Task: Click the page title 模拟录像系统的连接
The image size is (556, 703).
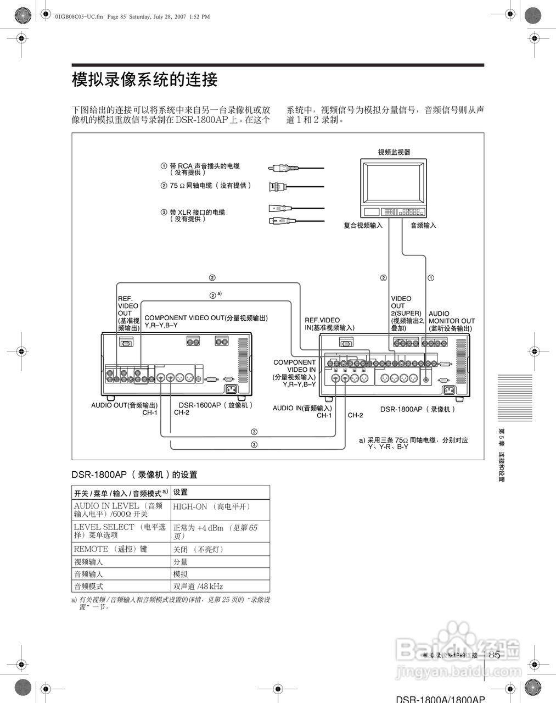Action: coord(145,80)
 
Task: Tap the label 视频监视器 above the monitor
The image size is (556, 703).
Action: coord(394,152)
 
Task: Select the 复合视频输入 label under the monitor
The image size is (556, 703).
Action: coord(363,225)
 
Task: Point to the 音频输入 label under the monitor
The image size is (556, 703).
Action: coord(423,225)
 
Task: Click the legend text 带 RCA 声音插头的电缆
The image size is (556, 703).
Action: coord(204,166)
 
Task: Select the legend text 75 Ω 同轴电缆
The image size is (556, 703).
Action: coord(210,186)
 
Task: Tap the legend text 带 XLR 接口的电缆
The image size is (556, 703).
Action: coord(197,212)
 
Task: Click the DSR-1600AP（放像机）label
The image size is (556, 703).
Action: coord(216,405)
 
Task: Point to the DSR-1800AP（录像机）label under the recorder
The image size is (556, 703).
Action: coord(418,409)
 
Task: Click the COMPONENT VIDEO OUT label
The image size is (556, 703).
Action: coord(206,318)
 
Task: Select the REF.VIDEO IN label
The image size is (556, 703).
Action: coord(329,323)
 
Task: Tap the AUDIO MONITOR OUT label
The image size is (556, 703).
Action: coord(451,321)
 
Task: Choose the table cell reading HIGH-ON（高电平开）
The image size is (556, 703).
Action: coord(211,507)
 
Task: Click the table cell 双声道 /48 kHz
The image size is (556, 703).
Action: coord(198,586)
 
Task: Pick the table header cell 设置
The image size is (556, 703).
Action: coord(181,492)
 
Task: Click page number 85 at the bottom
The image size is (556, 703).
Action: coord(494,655)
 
